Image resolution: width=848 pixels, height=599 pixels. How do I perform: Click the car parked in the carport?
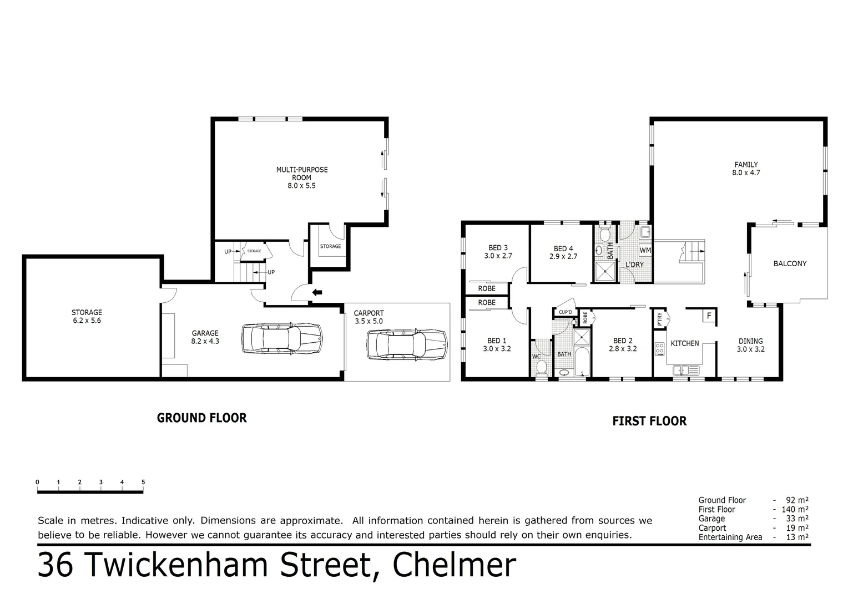point(407,345)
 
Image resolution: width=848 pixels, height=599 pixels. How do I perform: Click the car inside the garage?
point(282,339)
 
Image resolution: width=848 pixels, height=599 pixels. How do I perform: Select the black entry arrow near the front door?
point(317,292)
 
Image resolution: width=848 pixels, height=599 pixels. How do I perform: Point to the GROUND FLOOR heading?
point(201,418)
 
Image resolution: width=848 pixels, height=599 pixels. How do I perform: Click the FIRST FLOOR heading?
point(649,422)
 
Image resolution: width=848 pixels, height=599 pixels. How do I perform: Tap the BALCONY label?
point(789,264)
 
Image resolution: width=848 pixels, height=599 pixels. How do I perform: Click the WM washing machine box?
point(645,250)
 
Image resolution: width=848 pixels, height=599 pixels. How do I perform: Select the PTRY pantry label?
point(659,319)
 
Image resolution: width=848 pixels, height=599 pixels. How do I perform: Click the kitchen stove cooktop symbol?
point(660,349)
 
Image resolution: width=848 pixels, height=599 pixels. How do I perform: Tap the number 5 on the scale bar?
point(143,483)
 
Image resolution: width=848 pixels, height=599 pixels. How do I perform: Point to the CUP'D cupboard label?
point(565,313)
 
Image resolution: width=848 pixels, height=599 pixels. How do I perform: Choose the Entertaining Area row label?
point(730,537)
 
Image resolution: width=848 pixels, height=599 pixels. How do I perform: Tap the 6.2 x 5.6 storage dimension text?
point(87,321)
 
